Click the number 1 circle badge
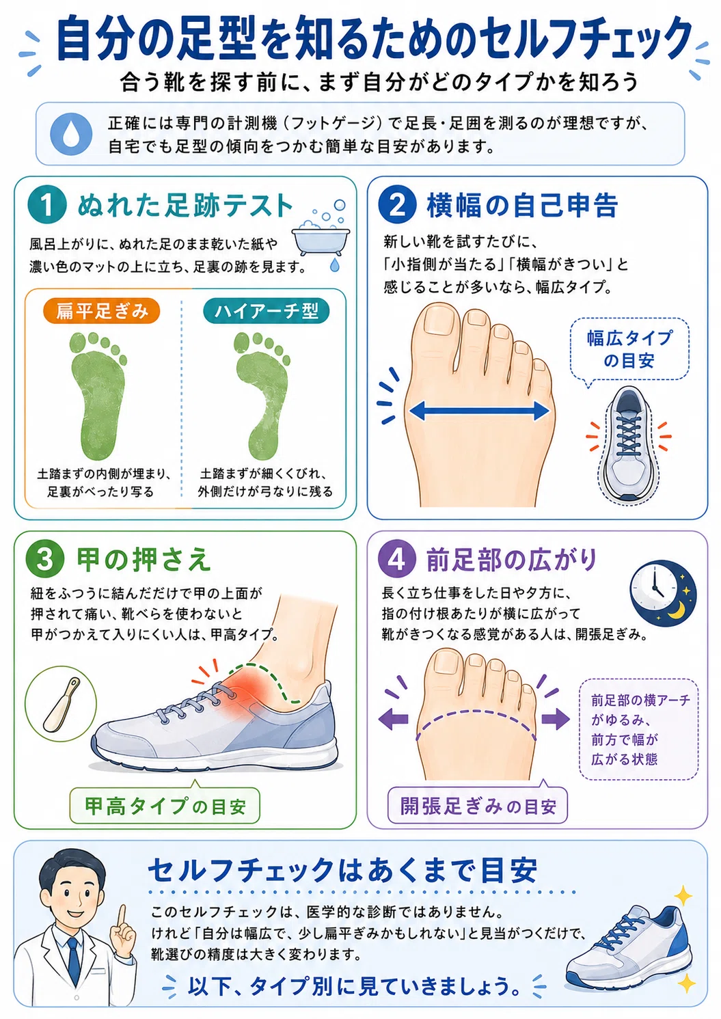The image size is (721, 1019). [x=47, y=205]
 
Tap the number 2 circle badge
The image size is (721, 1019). [x=398, y=205]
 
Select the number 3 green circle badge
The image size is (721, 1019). [x=44, y=559]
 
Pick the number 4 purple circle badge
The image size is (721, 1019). [x=397, y=559]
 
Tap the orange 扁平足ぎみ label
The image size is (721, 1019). [x=101, y=311]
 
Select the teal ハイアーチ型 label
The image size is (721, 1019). [x=266, y=311]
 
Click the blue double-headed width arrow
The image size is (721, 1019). [x=480, y=411]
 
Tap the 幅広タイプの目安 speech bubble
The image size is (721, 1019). [x=629, y=349]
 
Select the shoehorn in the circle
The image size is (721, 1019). [x=61, y=705]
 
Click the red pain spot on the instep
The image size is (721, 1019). [x=246, y=692]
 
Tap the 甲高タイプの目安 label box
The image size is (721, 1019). [x=165, y=806]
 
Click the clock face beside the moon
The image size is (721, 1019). [x=653, y=592]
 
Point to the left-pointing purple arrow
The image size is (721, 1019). [x=394, y=720]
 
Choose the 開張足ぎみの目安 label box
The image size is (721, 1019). [x=478, y=806]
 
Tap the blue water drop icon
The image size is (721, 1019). [x=71, y=134]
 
